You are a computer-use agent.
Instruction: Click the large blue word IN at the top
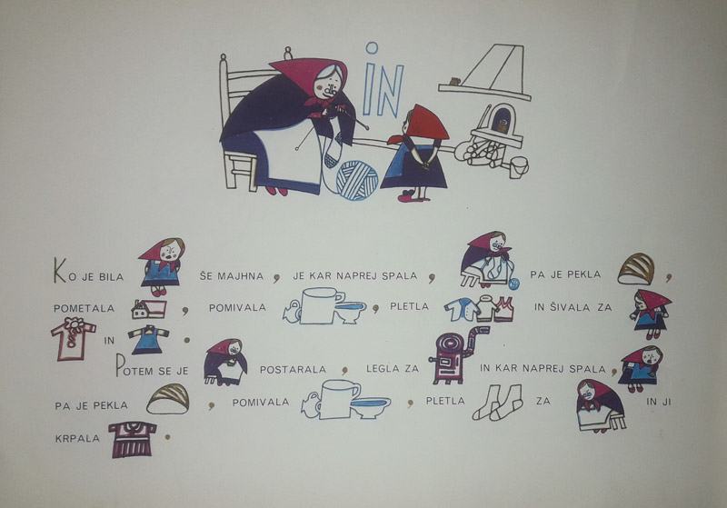[x=383, y=81]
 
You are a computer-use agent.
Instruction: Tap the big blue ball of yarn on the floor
[x=356, y=180]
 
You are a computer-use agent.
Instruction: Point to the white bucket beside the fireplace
[x=518, y=167]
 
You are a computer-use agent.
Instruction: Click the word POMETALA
[x=84, y=308]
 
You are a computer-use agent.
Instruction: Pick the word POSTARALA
[x=293, y=369]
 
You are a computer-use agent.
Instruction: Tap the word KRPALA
[x=77, y=438]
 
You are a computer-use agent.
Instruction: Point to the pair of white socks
[x=497, y=403]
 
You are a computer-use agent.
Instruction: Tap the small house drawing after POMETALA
[x=149, y=309]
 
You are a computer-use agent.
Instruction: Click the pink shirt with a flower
[x=73, y=338]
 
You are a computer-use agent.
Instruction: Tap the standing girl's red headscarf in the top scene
[x=421, y=125]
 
